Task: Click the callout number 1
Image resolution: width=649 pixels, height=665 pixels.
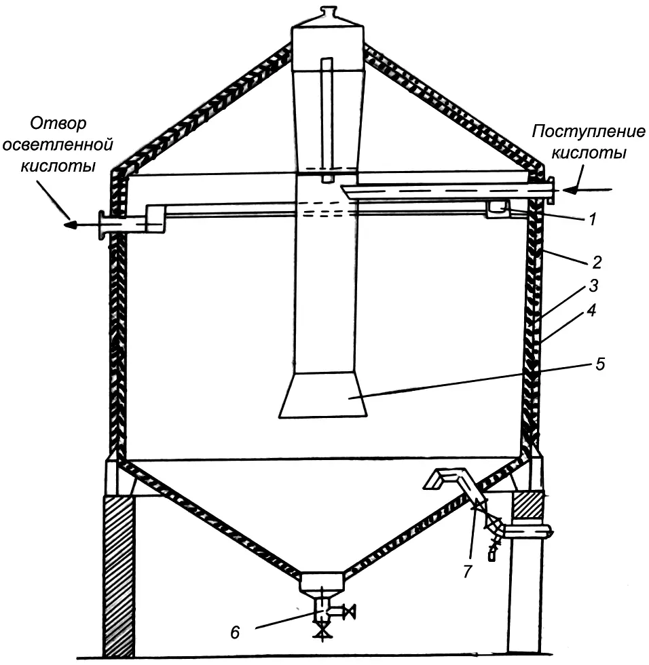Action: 592,220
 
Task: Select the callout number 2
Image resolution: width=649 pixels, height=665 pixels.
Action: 596,262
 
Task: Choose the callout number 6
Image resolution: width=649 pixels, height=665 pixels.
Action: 235,632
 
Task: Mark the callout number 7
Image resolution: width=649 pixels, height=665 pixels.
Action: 467,572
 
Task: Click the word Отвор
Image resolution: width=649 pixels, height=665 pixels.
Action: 58,124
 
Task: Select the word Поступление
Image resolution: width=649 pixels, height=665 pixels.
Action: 578,132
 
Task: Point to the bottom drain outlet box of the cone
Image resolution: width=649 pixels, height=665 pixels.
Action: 322,582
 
